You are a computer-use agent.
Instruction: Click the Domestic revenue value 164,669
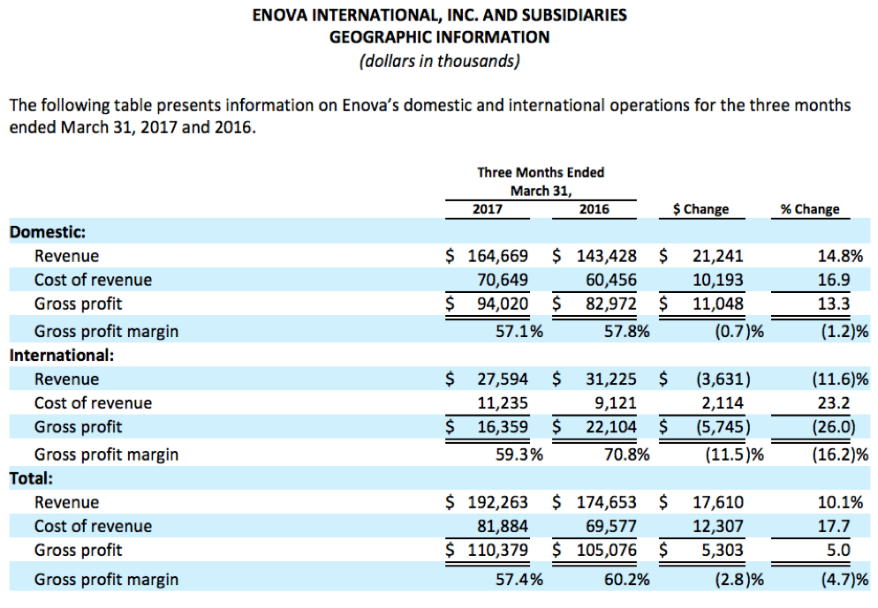(497, 256)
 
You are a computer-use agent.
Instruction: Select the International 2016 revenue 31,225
(609, 379)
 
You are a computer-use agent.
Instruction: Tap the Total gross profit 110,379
(497, 551)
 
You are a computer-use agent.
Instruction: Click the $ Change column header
(700, 209)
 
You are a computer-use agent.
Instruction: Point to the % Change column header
(810, 209)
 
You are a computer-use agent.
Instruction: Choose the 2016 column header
(594, 209)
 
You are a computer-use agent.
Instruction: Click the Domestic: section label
(47, 232)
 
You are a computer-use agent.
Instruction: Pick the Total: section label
(32, 479)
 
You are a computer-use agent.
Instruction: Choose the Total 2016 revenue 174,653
(605, 503)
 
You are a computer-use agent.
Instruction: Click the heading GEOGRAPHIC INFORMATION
(439, 37)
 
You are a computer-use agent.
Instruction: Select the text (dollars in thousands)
(439, 62)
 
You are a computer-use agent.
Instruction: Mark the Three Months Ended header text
(541, 172)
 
